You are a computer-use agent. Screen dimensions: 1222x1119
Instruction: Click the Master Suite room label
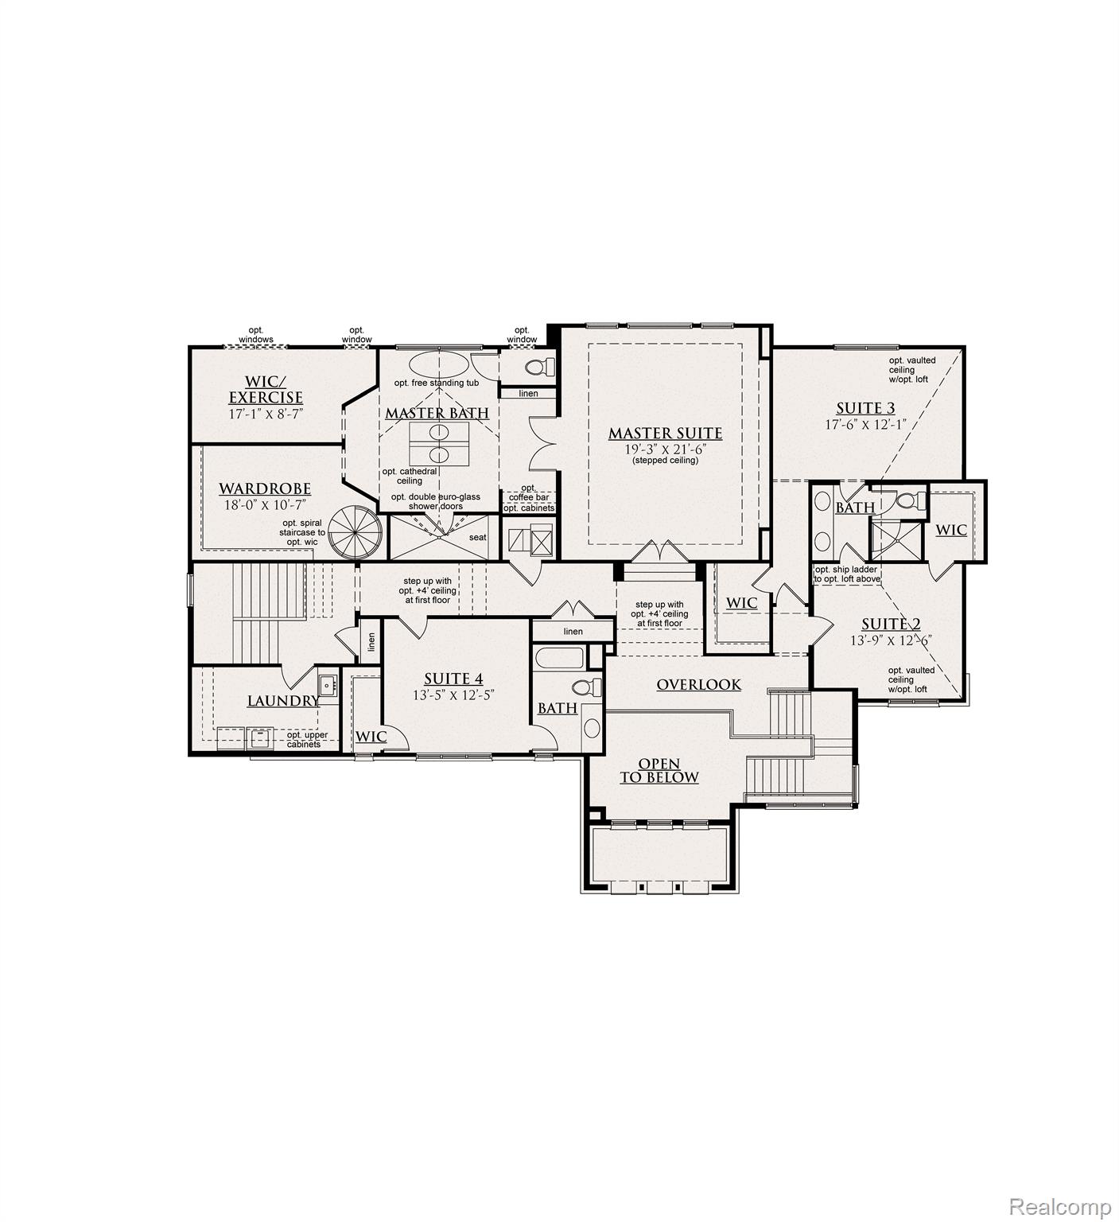point(665,434)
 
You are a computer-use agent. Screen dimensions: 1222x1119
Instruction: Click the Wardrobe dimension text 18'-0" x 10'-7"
point(265,504)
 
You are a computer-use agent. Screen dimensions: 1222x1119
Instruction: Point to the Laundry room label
point(283,701)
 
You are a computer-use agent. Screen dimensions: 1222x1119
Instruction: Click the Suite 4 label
point(453,679)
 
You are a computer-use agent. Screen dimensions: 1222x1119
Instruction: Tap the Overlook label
point(698,684)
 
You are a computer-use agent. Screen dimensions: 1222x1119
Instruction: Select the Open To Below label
point(659,771)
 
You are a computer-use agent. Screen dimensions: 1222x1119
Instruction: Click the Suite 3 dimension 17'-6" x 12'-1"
point(865,425)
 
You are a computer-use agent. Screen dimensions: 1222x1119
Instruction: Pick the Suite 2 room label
point(891,624)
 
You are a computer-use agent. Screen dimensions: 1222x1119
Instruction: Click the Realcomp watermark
point(1059,1207)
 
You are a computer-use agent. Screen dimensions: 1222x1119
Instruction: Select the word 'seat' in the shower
point(477,537)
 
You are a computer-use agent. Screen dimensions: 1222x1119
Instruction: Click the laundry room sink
point(327,684)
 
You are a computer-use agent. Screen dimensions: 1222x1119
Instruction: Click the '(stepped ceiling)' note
point(665,461)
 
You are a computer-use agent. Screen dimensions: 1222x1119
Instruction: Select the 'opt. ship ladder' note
point(847,569)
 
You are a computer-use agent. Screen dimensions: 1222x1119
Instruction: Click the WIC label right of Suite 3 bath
point(950,530)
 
